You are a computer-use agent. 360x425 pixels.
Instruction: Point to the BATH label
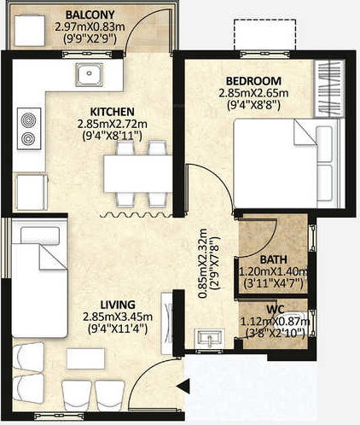pyautogui.click(x=273, y=259)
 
